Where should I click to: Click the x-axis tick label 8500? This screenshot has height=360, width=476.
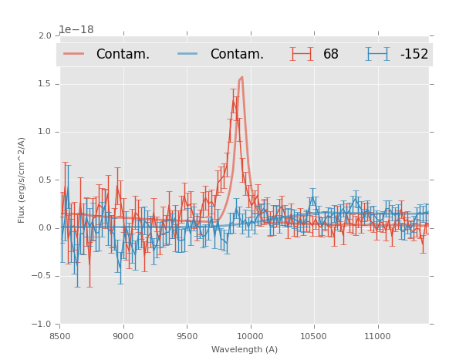click(59, 336)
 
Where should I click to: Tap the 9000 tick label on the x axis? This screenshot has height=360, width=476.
click(123, 336)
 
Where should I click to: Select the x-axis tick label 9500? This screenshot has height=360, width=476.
click(187, 336)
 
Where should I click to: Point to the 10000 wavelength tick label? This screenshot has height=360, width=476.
click(250, 336)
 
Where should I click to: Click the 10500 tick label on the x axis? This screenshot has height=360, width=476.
click(313, 336)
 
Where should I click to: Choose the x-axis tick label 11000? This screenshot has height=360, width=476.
click(377, 336)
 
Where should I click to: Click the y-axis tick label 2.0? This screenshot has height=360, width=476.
click(45, 35)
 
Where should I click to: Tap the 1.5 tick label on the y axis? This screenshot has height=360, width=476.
click(45, 84)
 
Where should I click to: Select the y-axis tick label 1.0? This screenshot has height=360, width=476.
click(45, 132)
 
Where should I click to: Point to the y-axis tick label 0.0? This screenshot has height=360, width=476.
click(45, 228)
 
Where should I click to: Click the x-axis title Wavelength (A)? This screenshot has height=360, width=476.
click(245, 349)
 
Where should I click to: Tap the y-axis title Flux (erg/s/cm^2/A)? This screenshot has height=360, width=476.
click(22, 180)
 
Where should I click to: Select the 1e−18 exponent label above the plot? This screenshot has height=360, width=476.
click(76, 29)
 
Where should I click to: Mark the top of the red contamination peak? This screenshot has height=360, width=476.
click(241, 77)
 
